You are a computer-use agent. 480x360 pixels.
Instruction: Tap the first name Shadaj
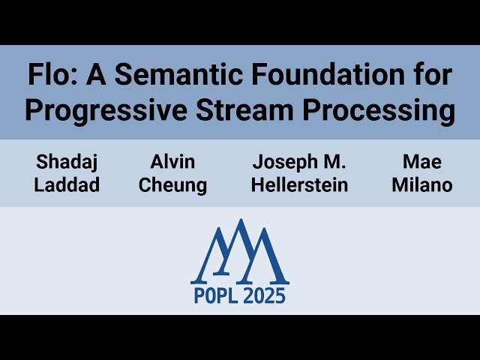point(67,162)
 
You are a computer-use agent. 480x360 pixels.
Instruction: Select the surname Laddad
point(67,184)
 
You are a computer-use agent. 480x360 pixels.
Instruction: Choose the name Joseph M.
point(300,162)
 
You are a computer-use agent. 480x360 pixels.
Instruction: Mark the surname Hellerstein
point(300,184)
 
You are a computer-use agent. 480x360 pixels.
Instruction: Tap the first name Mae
point(421,162)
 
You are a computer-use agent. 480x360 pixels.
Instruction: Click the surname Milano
point(421,184)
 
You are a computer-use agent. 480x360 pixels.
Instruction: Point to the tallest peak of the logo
point(240,222)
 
